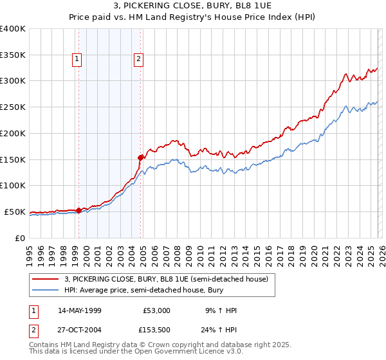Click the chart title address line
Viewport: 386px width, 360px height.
[x=193, y=6]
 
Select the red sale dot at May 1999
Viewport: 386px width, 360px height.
[x=78, y=210]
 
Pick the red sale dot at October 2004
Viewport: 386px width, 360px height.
[x=141, y=157]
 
